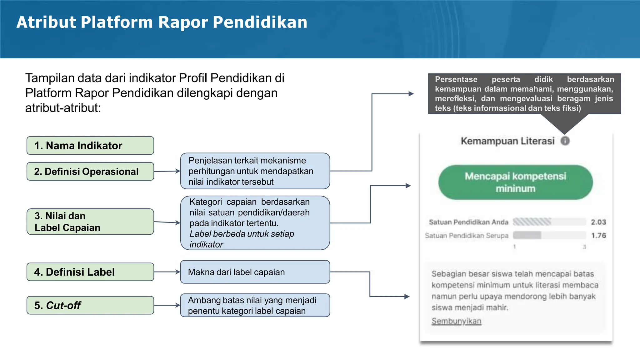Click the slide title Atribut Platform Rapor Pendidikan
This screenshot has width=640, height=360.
pos(162,22)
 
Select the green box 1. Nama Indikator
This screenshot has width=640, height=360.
pos(90,146)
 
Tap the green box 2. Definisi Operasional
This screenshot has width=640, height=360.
pos(90,172)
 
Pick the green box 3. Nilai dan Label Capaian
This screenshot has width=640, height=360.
pos(90,222)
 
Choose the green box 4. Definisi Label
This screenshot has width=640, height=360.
pos(90,272)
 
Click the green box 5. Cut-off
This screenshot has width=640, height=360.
pos(90,305)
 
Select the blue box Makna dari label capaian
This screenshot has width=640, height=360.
pos(255,272)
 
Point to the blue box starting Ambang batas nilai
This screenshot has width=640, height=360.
pos(255,305)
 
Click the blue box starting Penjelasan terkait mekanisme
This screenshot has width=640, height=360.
pos(255,171)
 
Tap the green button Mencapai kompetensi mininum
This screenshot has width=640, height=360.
pos(515,182)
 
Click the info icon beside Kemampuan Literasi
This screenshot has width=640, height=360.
pos(565,141)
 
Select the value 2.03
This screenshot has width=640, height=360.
pos(598,222)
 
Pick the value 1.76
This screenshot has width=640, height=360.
pos(598,236)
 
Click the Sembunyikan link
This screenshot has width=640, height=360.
pos(456,321)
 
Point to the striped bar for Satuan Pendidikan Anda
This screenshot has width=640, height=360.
pos(532,222)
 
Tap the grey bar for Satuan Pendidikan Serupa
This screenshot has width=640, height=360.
pos(527,235)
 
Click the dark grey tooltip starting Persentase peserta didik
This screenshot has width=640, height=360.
pos(524,93)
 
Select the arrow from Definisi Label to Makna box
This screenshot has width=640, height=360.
pos(167,272)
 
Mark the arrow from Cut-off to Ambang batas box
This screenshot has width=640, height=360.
pos(167,305)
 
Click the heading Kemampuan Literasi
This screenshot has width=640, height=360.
pos(507,141)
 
